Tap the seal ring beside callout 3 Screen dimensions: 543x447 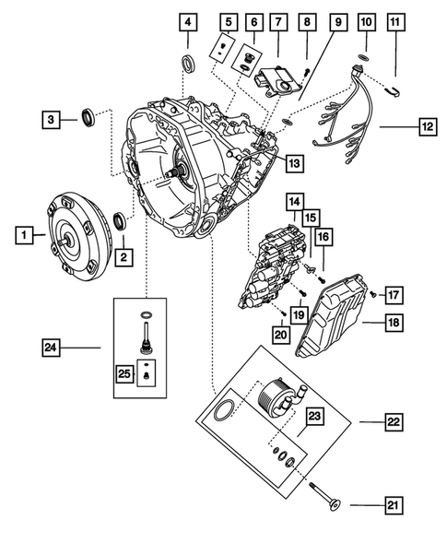pos(90,117)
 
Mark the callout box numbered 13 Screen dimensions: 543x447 pos(293,163)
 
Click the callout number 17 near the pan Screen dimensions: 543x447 pos(393,296)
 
